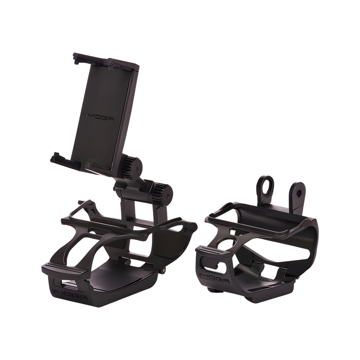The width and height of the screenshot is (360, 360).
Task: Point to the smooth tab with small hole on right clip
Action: coord(298,192)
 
